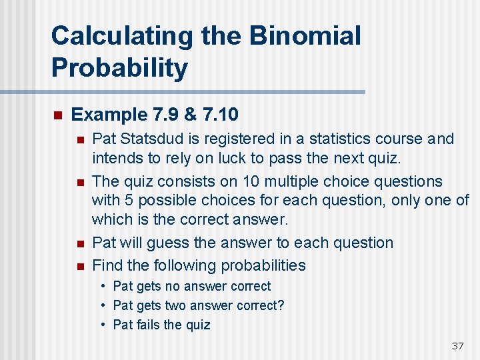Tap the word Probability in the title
(x=119, y=68)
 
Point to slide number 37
(x=457, y=345)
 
